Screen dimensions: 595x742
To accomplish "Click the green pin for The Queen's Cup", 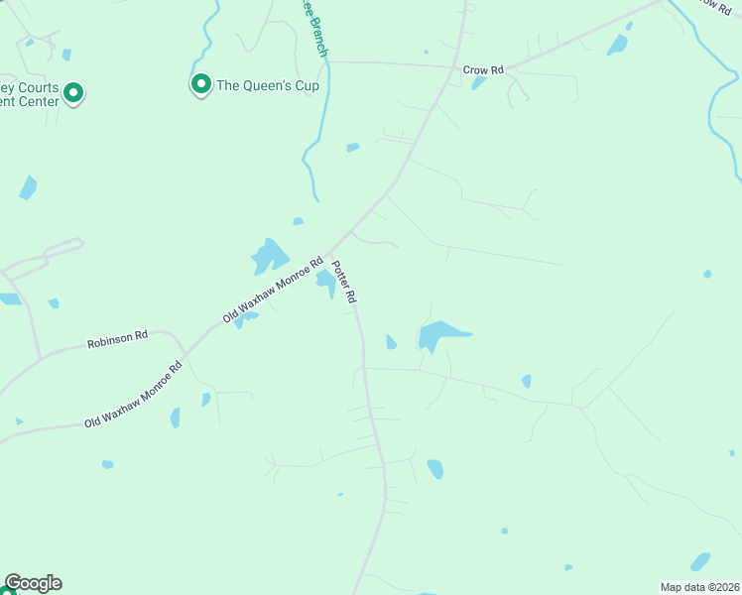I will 201,84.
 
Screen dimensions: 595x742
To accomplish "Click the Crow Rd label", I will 483,70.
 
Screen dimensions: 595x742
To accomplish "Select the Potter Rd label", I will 344,282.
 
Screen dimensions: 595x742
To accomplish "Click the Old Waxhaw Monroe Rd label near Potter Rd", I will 274,291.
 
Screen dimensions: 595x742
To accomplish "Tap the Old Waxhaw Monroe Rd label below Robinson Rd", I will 134,395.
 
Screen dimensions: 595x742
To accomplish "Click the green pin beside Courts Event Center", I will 73,93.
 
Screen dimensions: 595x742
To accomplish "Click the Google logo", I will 33,583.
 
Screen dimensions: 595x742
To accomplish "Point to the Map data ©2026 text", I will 698,586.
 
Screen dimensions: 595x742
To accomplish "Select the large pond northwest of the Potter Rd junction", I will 268,256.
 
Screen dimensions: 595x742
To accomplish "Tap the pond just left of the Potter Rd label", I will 325,284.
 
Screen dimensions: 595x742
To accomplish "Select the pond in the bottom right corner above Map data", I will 700,561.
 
